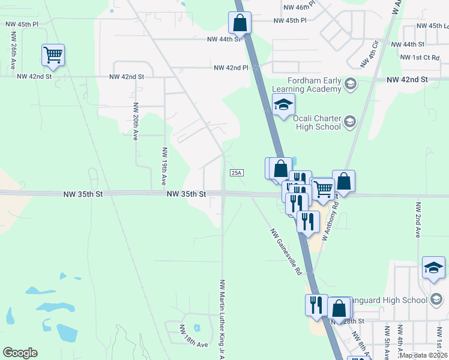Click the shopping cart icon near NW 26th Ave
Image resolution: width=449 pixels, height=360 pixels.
point(53,55)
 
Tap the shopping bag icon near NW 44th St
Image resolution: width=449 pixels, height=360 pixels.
point(240,23)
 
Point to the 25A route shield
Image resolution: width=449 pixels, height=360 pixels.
point(237,173)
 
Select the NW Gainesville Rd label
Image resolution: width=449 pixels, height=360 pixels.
point(286,251)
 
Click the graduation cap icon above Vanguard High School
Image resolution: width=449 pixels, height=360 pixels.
point(433,268)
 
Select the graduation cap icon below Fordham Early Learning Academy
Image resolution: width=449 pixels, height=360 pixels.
point(283,105)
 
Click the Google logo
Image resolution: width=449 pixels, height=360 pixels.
point(20,353)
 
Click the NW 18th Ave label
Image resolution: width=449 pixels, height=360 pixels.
point(194,336)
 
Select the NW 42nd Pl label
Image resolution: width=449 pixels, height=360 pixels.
point(231,68)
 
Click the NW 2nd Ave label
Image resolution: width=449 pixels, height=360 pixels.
point(417,219)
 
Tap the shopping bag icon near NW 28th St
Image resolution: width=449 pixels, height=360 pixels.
point(339,308)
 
